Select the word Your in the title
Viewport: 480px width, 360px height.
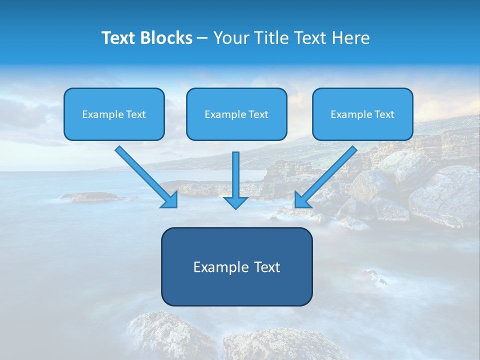tap(231, 38)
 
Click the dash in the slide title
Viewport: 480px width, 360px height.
tap(202, 38)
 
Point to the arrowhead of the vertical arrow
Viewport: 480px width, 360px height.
tap(235, 202)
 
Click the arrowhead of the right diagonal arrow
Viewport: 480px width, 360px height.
tap(301, 200)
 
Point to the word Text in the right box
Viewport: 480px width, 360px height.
tap(384, 114)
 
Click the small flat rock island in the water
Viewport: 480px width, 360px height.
tap(90, 197)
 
